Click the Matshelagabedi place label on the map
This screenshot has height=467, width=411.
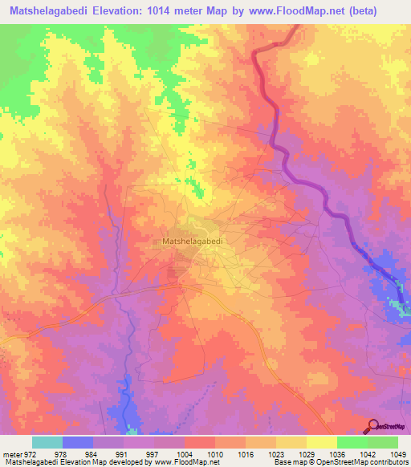pos(192,240)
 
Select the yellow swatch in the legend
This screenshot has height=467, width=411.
pos(321,443)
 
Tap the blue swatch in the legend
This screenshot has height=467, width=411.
pos(78,443)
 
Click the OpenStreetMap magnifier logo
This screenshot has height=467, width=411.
pos(372,425)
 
